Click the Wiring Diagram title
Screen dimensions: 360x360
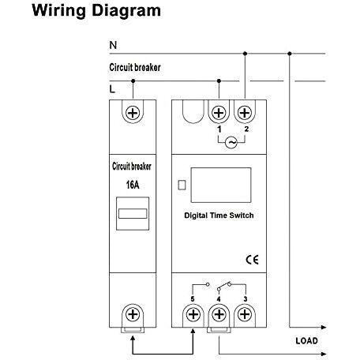[96, 11]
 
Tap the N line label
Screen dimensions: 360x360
[113, 45]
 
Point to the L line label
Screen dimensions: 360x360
[112, 89]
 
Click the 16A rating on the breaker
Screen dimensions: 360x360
[133, 185]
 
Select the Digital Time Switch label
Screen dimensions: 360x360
[219, 216]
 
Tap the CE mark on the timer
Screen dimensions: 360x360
[252, 260]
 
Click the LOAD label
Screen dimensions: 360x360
[306, 341]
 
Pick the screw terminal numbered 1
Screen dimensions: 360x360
[219, 113]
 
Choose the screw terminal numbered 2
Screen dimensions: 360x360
[245, 113]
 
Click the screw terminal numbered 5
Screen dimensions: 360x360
[193, 314]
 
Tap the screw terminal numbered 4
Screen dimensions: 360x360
[219, 314]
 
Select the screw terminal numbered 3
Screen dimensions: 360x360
[245, 314]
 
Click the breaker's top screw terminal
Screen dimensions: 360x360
[133, 113]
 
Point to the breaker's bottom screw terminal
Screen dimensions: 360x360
[133, 314]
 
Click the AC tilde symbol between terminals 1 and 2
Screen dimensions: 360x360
[231, 142]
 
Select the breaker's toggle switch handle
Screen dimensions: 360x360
[133, 214]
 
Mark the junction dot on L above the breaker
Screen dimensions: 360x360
[133, 81]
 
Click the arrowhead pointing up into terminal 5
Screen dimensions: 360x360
[193, 331]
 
